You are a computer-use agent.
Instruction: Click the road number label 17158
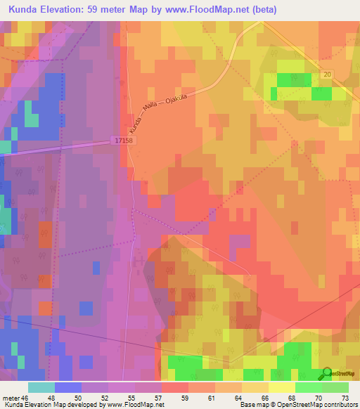point(123,141)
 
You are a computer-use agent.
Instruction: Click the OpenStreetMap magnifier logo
point(327,374)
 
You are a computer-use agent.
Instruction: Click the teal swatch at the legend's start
point(41,387)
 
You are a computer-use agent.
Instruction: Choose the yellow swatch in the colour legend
point(282,387)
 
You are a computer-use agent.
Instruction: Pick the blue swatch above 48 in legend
point(67,387)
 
